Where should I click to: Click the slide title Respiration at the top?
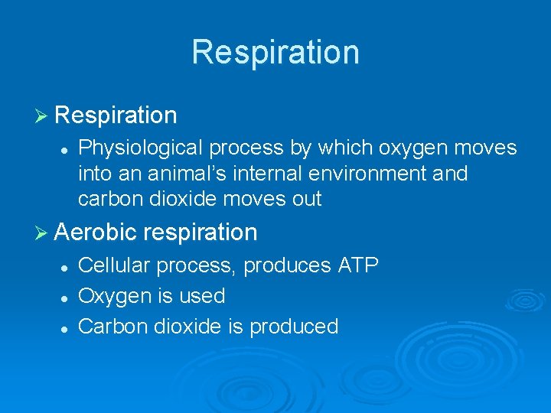tap(275, 52)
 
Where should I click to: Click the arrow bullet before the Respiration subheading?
tap(43, 116)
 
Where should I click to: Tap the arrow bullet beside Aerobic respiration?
tap(43, 232)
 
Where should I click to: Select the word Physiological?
tap(142, 148)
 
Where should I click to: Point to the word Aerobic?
tap(96, 232)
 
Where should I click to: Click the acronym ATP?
tap(357, 265)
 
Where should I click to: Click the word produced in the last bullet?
tap(294, 327)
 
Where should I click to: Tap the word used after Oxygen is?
tap(204, 297)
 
